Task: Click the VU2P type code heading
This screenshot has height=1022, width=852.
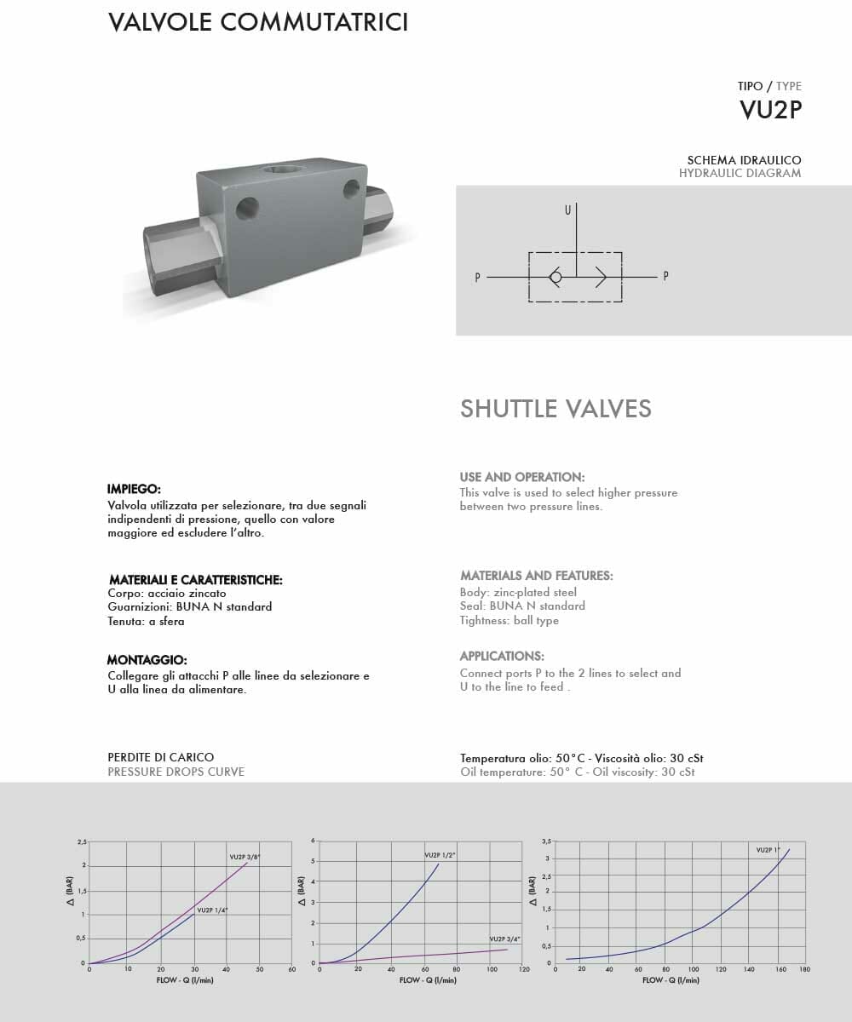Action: pos(770,110)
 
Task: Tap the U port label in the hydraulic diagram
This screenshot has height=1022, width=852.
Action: pos(567,210)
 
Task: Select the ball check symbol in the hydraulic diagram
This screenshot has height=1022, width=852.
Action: pos(555,277)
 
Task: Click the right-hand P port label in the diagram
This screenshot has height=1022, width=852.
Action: pos(665,277)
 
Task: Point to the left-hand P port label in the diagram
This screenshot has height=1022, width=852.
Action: pos(478,277)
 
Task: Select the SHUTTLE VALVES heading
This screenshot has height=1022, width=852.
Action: pos(556,409)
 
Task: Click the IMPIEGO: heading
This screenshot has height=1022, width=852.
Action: pos(134,489)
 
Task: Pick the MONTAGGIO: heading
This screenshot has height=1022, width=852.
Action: pos(147,660)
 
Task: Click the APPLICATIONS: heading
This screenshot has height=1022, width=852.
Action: pos(502,656)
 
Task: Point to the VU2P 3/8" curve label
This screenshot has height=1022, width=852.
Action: pos(245,856)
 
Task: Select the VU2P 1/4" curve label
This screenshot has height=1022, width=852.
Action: pos(212,910)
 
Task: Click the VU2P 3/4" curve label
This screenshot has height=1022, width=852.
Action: pos(504,939)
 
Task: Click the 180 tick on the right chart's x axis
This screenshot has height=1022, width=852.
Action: pos(804,969)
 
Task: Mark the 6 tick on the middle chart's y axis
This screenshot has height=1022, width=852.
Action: pos(314,841)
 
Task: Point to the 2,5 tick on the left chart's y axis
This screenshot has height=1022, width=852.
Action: pos(82,841)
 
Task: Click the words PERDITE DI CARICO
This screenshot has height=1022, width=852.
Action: pos(161,757)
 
